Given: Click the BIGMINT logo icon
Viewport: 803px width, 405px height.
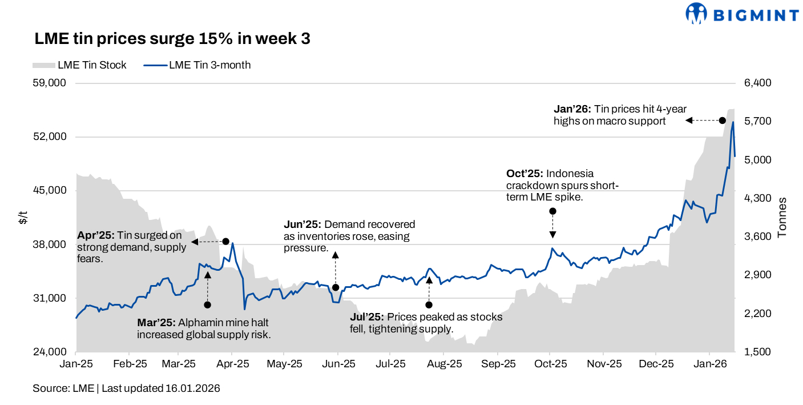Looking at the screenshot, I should pyautogui.click(x=696, y=13).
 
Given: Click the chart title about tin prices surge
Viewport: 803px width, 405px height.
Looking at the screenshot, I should pyautogui.click(x=172, y=39).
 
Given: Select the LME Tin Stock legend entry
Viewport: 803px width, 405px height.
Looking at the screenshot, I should pyautogui.click(x=80, y=65).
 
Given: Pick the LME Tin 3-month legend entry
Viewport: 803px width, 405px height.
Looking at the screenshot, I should pyautogui.click(x=197, y=65).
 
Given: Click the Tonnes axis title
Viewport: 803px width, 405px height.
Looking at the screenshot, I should pyautogui.click(x=782, y=218).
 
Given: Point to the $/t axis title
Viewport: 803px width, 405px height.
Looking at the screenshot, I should pyautogui.click(x=23, y=218).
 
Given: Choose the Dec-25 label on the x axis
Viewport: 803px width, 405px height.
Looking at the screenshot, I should pyautogui.click(x=656, y=364).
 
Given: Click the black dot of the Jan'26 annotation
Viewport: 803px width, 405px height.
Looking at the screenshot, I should pyautogui.click(x=723, y=121).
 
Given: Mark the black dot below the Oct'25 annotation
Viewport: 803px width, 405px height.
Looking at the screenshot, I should pyautogui.click(x=552, y=211).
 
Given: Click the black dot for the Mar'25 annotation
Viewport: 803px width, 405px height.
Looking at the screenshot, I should pyautogui.click(x=207, y=305).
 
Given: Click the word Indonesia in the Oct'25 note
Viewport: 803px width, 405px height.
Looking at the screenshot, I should pyautogui.click(x=571, y=174).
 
